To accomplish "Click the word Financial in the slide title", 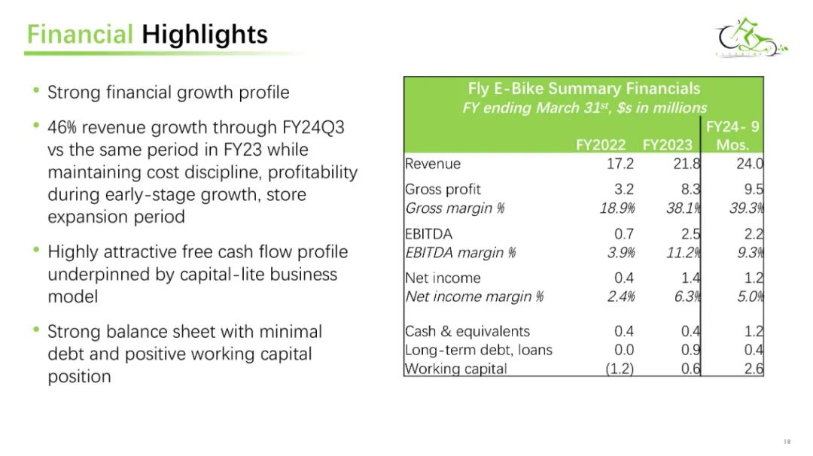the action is [x=81, y=35].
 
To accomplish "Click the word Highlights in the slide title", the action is [x=205, y=35].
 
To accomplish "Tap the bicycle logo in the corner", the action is [x=751, y=38].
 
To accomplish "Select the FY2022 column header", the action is [x=601, y=144].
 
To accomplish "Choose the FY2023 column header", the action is [x=667, y=144].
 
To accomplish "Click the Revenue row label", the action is [x=433, y=164].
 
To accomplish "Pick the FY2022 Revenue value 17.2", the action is [x=620, y=164].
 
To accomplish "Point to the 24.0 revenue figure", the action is [x=750, y=164].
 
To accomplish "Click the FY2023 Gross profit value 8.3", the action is [x=690, y=189].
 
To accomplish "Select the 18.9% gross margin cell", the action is [x=617, y=208].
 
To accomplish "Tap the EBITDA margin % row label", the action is [x=461, y=253].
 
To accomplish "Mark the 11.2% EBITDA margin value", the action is [x=684, y=253].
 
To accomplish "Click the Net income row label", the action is [x=443, y=278].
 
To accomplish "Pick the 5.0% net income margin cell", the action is [x=751, y=297].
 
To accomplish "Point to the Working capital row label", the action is [x=455, y=369].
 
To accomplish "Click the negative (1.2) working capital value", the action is [x=620, y=369].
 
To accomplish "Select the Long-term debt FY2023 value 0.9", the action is [x=690, y=351].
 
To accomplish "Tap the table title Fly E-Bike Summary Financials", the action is [x=584, y=89].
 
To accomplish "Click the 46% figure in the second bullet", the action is [x=62, y=127].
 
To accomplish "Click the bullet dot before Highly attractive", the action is [x=36, y=250].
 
